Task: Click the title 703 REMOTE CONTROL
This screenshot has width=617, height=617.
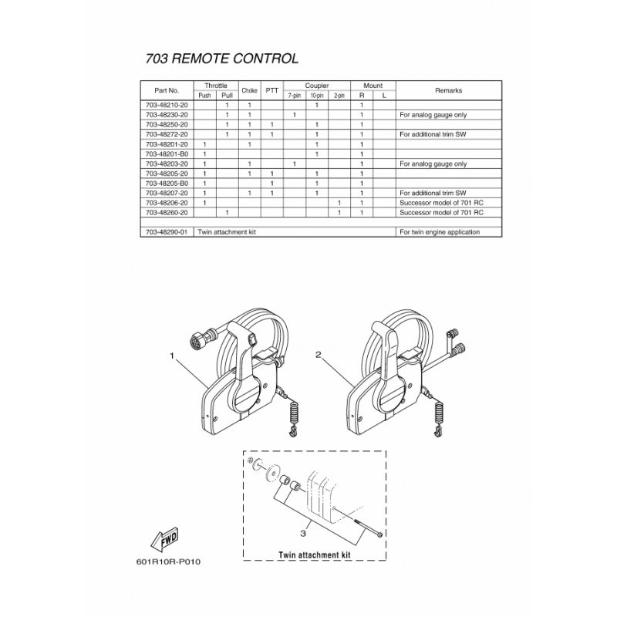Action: tap(221, 59)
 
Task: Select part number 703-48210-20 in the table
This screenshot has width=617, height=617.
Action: tap(167, 104)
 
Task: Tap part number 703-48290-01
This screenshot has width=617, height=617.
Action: tap(167, 231)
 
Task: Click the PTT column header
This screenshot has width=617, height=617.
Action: tap(271, 90)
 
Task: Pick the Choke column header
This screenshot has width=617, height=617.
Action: tap(249, 90)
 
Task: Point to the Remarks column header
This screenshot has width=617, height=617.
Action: tap(448, 90)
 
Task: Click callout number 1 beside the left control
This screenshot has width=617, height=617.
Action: tap(171, 357)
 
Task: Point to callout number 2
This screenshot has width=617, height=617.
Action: tap(318, 356)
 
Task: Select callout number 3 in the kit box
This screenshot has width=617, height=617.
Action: tap(303, 531)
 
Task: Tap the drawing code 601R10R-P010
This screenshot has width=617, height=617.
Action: tap(170, 582)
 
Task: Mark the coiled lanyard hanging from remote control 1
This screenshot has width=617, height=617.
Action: tap(293, 420)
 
